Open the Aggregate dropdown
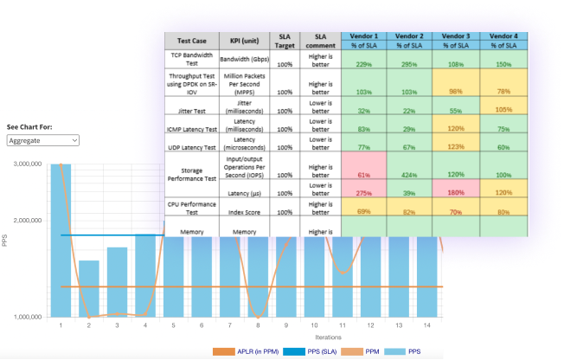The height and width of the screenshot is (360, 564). click(x=42, y=139)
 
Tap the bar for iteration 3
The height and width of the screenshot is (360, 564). click(x=118, y=282)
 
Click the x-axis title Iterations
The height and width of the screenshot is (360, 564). click(x=327, y=337)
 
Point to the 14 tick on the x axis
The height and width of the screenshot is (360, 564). click(x=426, y=325)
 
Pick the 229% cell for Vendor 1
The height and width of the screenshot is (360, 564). click(x=363, y=64)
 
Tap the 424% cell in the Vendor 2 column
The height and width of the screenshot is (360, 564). click(x=409, y=173)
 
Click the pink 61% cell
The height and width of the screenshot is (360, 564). click(x=363, y=173)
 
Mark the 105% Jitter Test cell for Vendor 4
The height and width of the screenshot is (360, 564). click(x=503, y=110)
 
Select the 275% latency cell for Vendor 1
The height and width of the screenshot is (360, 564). click(x=363, y=192)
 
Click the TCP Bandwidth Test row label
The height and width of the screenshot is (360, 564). click(x=191, y=59)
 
